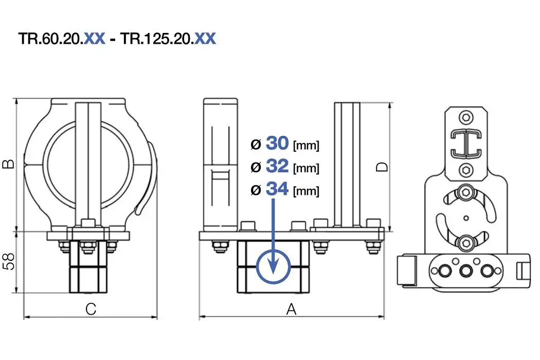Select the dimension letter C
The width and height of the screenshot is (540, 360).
[x=91, y=309]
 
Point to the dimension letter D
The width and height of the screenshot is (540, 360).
[x=382, y=167]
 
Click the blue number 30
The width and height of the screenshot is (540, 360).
[x=278, y=144]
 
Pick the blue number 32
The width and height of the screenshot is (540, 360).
[x=278, y=167]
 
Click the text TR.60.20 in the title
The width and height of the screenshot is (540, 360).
[x=50, y=39]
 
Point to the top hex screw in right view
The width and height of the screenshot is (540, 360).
[x=465, y=117]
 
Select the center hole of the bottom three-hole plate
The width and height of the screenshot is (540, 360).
[x=466, y=271]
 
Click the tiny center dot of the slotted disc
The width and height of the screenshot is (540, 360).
[x=466, y=217]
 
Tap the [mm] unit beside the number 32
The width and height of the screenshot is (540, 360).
[x=306, y=168]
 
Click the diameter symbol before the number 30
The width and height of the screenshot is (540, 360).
[x=256, y=145]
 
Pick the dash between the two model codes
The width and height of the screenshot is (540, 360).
[x=113, y=40]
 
